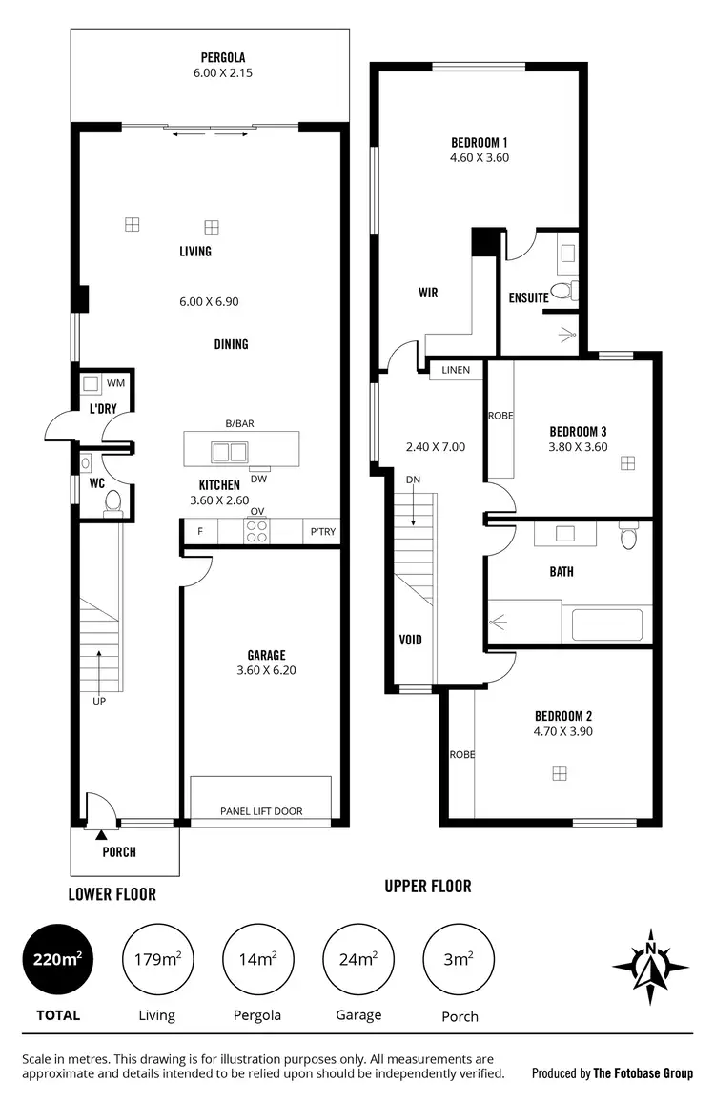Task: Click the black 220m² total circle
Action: point(57,960)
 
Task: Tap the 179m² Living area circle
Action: point(156,960)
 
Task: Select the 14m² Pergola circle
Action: point(256,960)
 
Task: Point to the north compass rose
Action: point(651,966)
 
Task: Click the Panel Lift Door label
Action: point(261,811)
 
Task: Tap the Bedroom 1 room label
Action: point(479,144)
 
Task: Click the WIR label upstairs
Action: point(428,293)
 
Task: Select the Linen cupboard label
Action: point(455,370)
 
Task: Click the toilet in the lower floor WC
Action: point(112,501)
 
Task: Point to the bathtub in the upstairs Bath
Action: point(606,625)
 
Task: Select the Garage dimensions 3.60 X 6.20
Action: point(266,670)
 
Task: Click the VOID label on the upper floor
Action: point(410,640)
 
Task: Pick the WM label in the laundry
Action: point(115,383)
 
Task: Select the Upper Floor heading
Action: point(427,886)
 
